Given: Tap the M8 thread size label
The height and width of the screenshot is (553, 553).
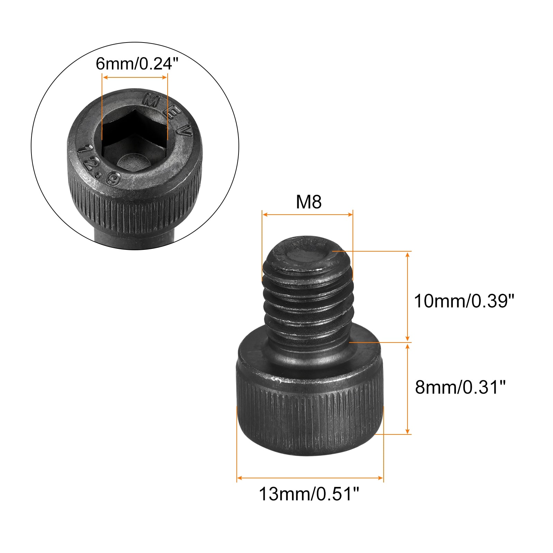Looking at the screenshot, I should [x=309, y=202].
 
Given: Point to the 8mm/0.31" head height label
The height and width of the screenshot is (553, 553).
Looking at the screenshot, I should [x=460, y=387].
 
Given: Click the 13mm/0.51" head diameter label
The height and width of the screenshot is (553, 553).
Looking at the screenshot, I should [x=309, y=494].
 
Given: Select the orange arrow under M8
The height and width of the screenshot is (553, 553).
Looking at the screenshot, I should [x=307, y=215].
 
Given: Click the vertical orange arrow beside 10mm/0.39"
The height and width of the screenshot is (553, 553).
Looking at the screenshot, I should [x=407, y=297].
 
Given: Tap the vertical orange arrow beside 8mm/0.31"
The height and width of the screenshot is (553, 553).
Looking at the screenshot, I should [x=407, y=388].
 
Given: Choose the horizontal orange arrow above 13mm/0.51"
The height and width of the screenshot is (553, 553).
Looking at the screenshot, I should [x=310, y=478].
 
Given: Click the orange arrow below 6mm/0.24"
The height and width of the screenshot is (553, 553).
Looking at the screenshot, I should [x=135, y=77].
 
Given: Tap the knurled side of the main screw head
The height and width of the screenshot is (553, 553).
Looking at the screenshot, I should [x=309, y=415].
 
